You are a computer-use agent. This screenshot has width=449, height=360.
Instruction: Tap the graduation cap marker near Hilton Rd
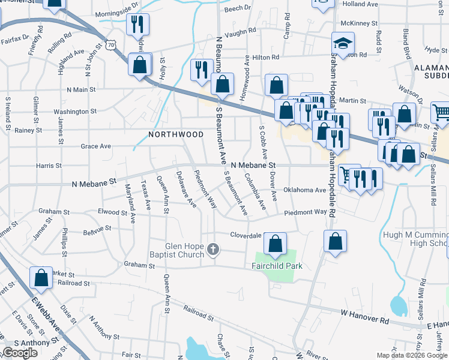pyautogui.click(x=343, y=43)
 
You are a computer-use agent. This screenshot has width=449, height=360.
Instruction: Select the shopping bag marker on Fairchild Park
pyautogui.click(x=275, y=244)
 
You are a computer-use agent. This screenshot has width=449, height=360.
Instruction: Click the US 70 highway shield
pyautogui.click(x=109, y=44)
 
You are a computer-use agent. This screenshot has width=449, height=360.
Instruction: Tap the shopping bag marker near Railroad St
pyautogui.click(x=41, y=277)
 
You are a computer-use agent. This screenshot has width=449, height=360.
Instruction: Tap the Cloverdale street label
pyautogui.click(x=247, y=235)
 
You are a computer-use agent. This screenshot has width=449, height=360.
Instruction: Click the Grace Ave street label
pyautogui.click(x=96, y=146)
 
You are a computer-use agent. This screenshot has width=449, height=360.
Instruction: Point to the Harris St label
pyautogui.click(x=49, y=166)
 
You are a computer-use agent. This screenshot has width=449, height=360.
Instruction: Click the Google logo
pyautogui.click(x=20, y=353)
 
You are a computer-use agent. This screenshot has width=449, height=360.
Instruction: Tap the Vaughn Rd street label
pyautogui.click(x=241, y=30)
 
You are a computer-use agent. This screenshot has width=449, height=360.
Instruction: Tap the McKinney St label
pyautogui.click(x=358, y=23)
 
